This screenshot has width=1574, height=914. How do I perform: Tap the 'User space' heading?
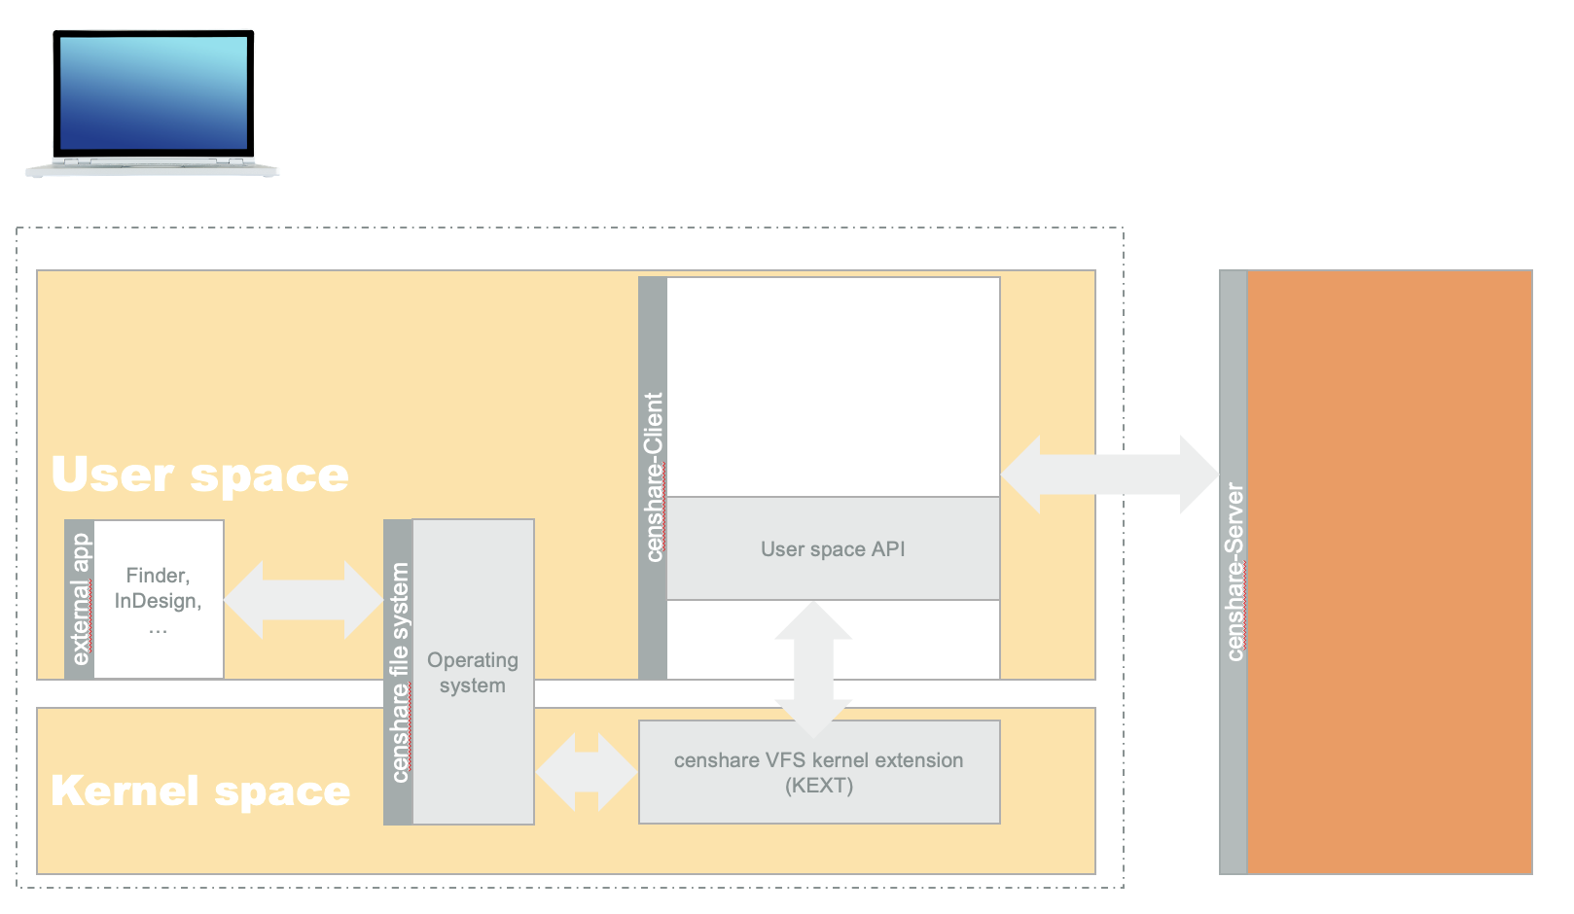click(199, 475)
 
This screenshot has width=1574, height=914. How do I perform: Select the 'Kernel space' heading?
click(200, 791)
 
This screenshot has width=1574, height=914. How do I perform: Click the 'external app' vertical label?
click(81, 599)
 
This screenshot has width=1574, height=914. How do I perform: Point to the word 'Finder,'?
click(158, 576)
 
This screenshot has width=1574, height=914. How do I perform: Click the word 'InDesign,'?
click(158, 601)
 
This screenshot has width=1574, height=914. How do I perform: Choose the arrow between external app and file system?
click(304, 600)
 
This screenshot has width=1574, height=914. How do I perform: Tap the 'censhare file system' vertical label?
click(399, 672)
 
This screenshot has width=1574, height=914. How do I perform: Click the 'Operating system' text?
click(473, 673)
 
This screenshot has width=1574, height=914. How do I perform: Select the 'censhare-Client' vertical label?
click(654, 476)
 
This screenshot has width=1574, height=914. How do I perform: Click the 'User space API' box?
click(833, 549)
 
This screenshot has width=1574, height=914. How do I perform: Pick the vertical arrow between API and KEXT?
click(813, 669)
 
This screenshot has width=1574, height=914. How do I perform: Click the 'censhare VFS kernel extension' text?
click(818, 760)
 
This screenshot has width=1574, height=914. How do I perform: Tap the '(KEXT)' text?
click(819, 786)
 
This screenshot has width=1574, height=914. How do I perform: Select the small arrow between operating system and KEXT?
click(587, 772)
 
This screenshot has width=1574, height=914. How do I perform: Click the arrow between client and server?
click(1109, 475)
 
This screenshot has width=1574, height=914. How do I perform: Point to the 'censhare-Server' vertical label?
click(1234, 572)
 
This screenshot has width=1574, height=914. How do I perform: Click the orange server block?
click(1389, 572)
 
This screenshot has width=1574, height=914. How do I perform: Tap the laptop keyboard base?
click(152, 168)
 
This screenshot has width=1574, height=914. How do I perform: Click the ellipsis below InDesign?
click(158, 628)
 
